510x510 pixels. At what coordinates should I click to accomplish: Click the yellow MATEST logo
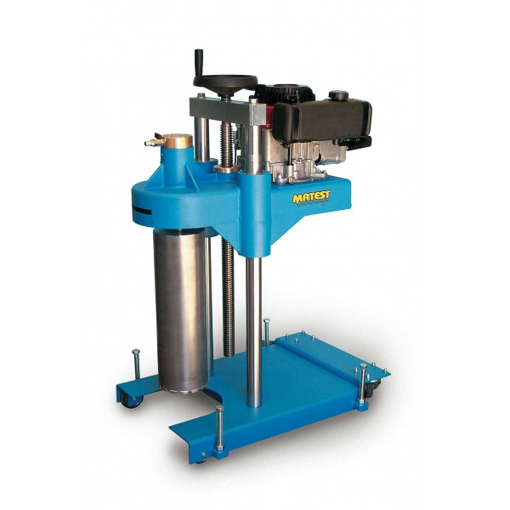coord(311,197)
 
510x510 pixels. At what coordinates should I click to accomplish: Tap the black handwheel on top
coord(225,81)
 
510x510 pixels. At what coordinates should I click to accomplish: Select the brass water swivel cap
coord(178,140)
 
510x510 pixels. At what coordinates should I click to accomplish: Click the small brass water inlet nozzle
coord(150,142)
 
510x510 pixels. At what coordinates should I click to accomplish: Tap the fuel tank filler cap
coord(338,95)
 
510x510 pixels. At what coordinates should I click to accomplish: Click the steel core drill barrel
coord(179,309)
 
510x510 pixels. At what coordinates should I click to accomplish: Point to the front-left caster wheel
coord(132,400)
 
